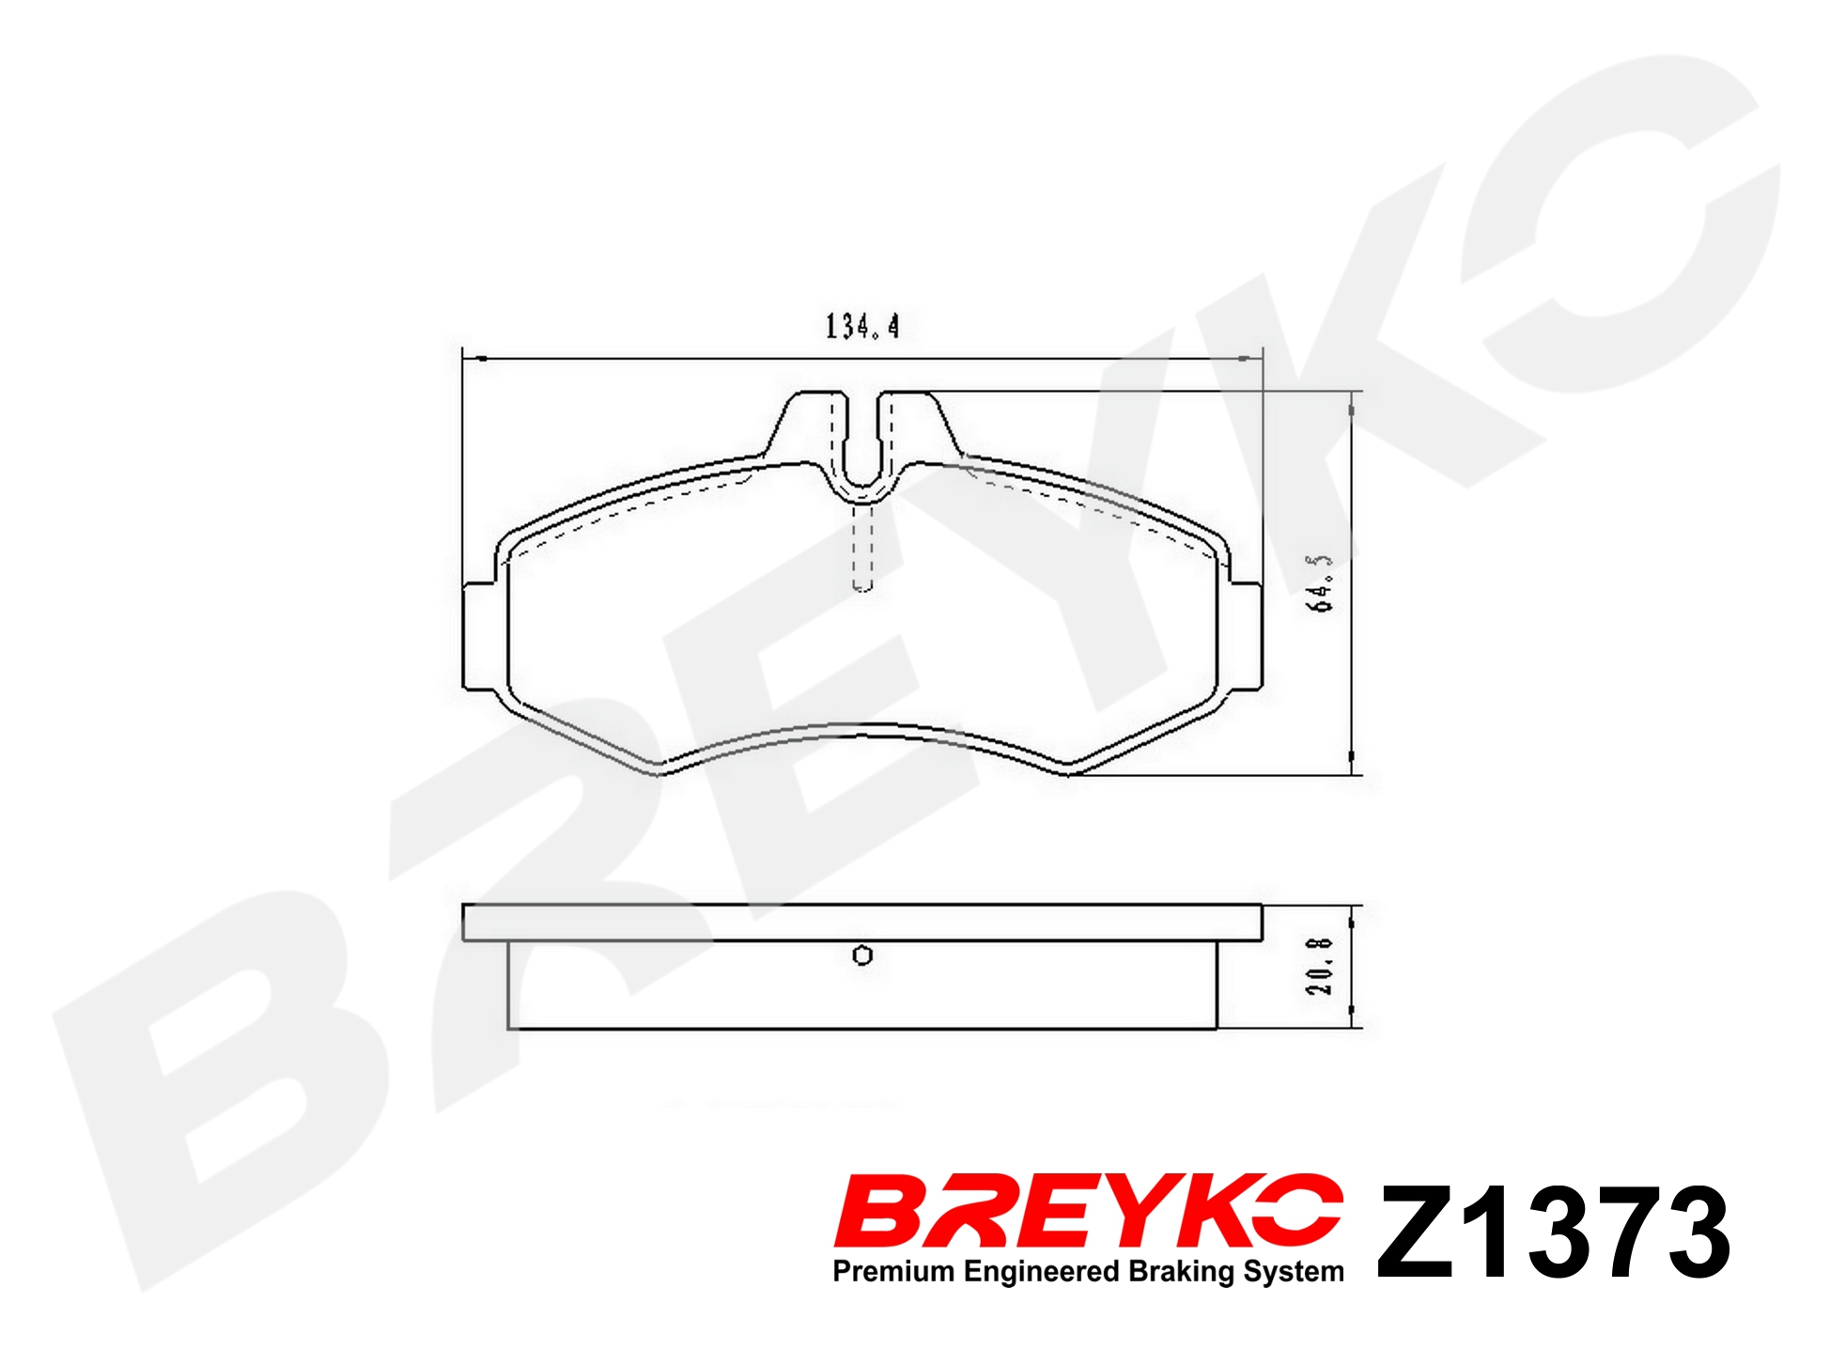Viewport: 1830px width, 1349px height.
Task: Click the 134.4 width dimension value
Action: pyautogui.click(x=862, y=326)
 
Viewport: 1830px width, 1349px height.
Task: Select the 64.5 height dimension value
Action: pyautogui.click(x=1320, y=582)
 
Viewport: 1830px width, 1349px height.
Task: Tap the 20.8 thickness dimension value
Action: pyautogui.click(x=1319, y=966)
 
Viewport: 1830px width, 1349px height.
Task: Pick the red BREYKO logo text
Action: pyautogui.click(x=1089, y=1212)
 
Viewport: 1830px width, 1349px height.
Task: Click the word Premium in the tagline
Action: pyautogui.click(x=894, y=1272)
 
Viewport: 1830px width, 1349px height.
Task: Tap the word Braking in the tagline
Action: pyautogui.click(x=1182, y=1273)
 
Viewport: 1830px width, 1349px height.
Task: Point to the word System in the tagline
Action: pyautogui.click(x=1294, y=1273)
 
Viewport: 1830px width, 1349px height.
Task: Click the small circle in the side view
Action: pyautogui.click(x=862, y=955)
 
